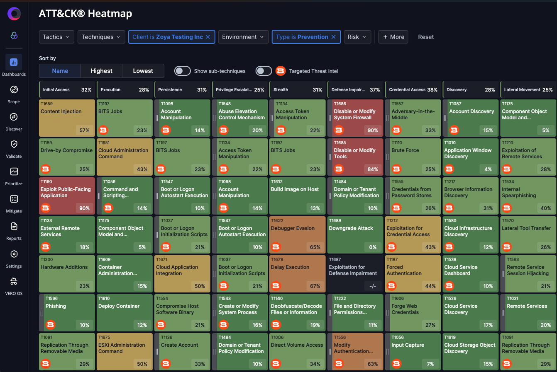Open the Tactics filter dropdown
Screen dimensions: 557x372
coord(56,37)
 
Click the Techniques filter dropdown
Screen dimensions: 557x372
coord(101,37)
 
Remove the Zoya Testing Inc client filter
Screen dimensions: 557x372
coord(208,37)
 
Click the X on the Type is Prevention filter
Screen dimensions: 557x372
coord(334,37)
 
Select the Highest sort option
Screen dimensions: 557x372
coord(101,71)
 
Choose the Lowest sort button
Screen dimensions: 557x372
coord(143,71)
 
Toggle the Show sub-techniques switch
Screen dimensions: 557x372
coord(182,71)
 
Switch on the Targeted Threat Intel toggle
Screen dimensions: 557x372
coord(264,71)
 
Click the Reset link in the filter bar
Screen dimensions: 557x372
coord(426,37)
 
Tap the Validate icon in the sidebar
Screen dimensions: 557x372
coord(14,144)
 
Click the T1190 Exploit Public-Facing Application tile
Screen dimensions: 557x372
coord(67,196)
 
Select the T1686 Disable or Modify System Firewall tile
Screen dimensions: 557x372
coord(355,118)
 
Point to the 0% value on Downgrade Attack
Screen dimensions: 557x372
coord(372,247)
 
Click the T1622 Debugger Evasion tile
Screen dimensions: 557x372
coord(298,235)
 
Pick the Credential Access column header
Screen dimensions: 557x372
coord(413,89)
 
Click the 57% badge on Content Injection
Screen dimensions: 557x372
coord(84,130)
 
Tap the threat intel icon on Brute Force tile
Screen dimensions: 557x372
coord(396,169)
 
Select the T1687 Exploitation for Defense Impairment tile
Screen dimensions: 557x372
coord(355,274)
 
